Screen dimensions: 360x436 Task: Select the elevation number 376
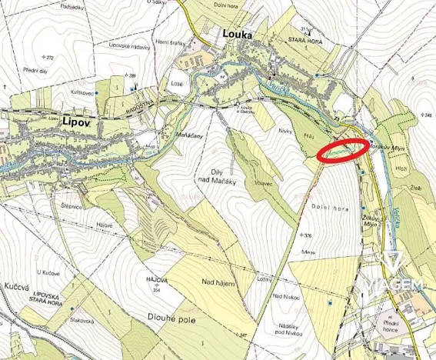[307, 235]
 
